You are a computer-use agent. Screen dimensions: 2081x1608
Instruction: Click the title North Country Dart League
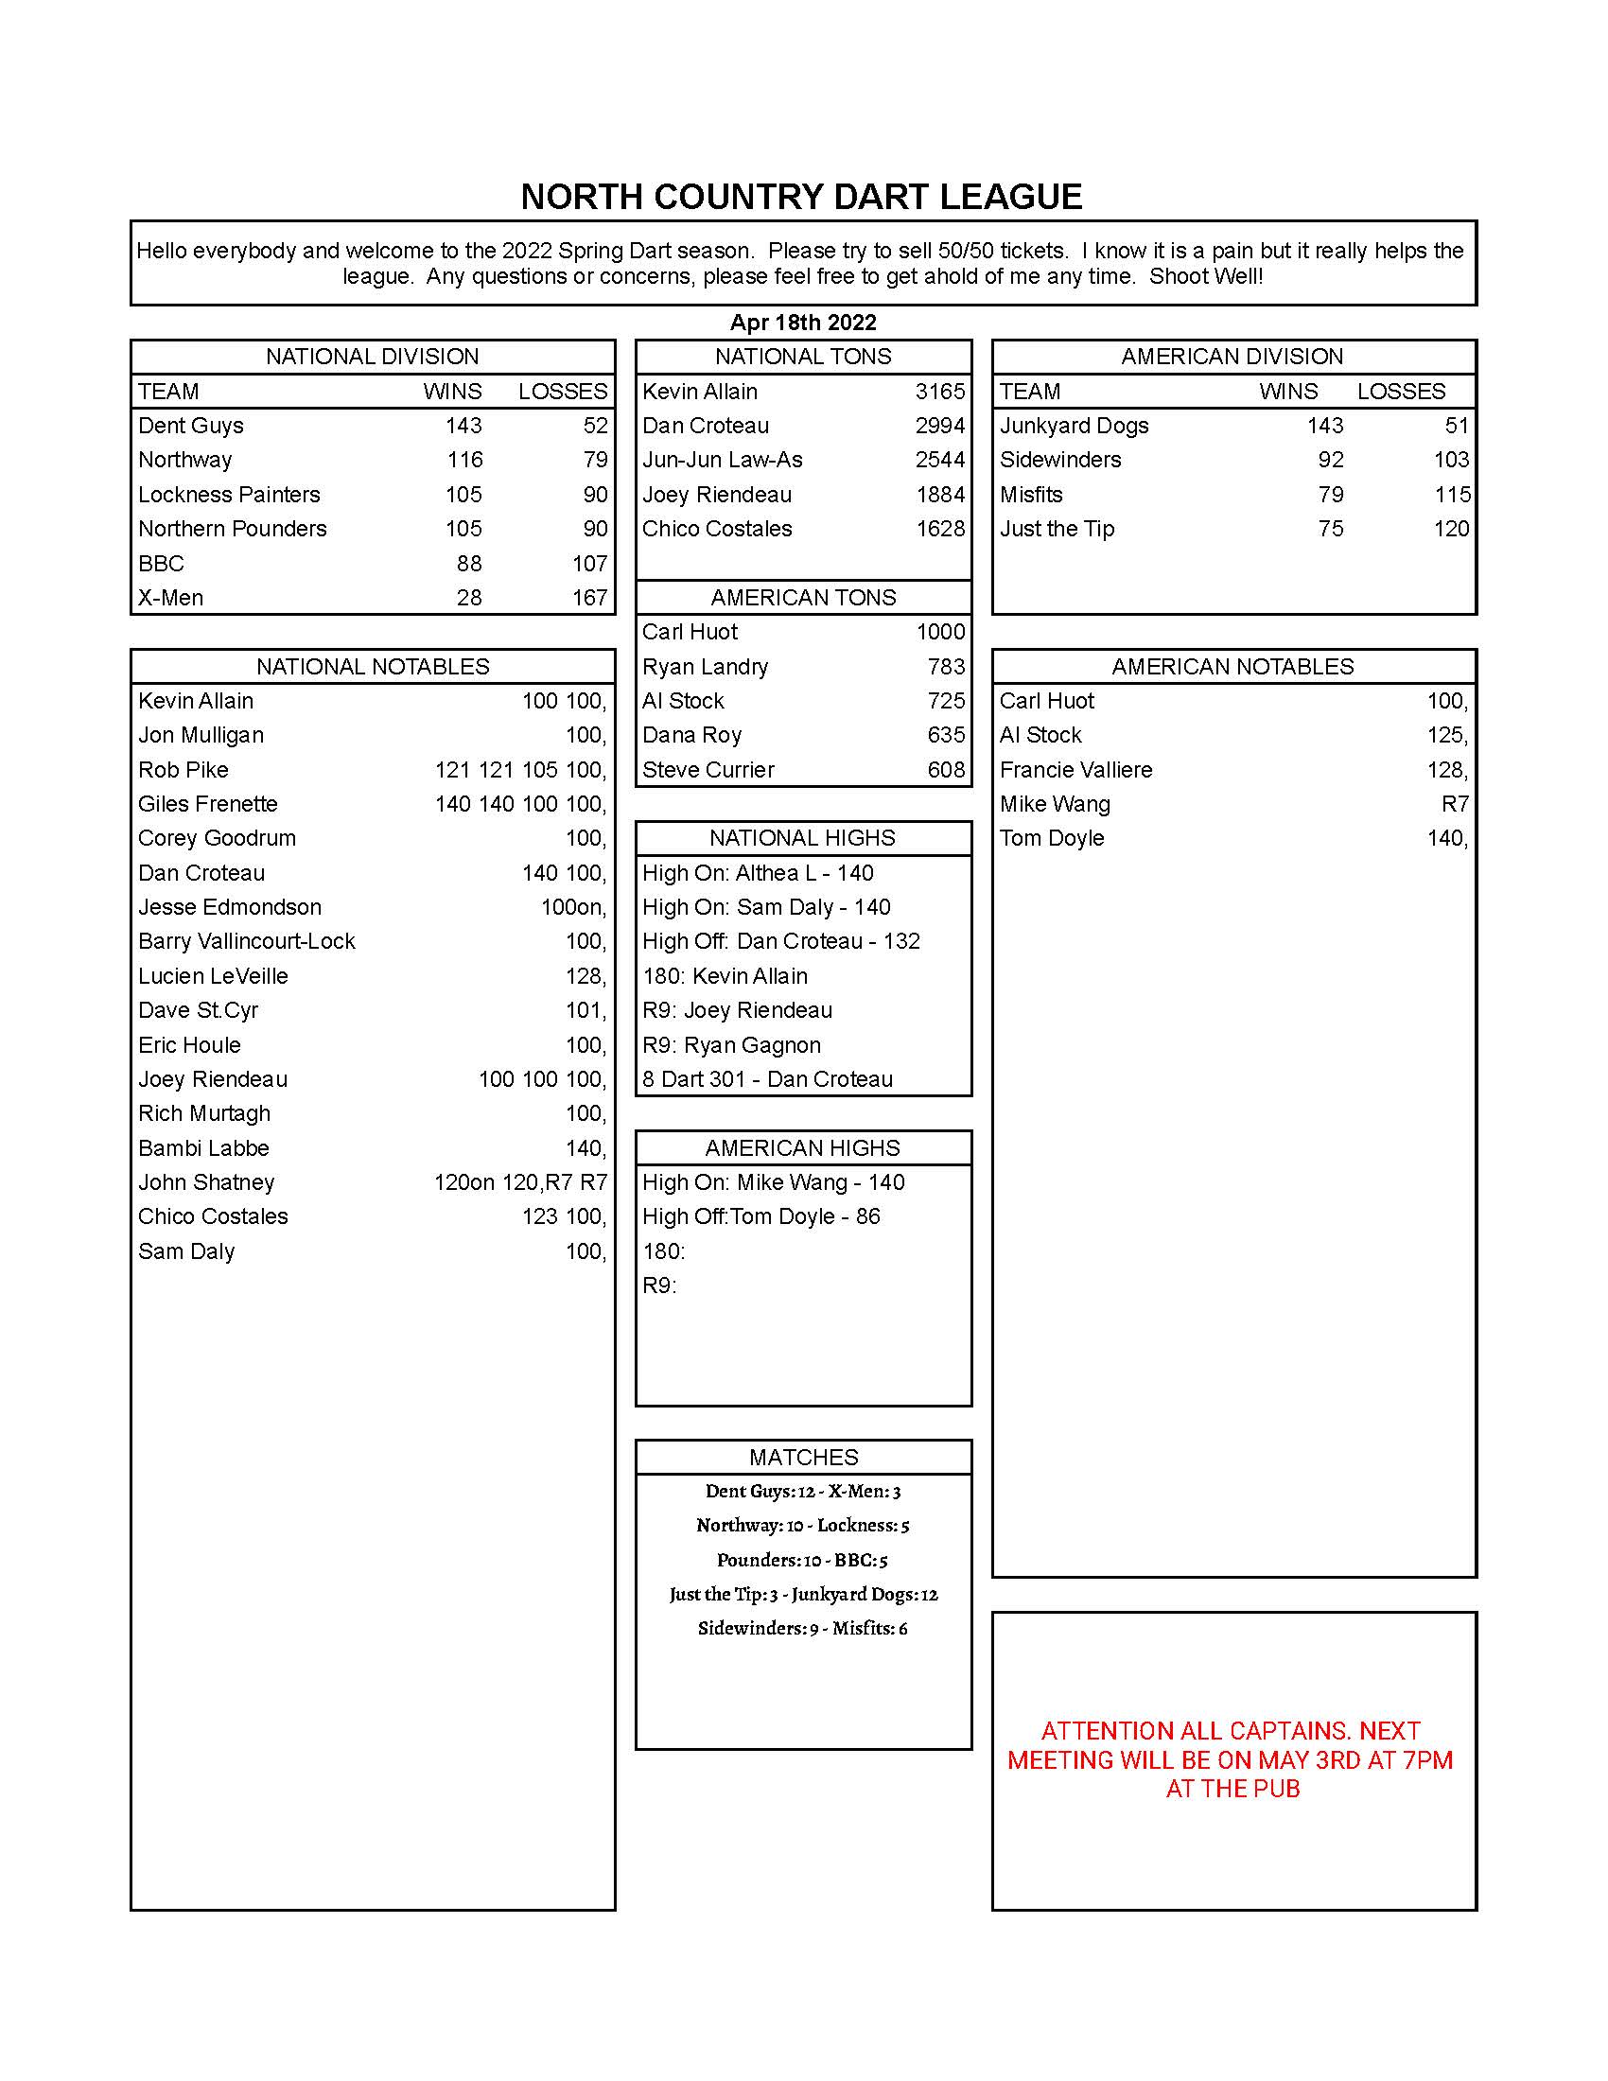(x=801, y=198)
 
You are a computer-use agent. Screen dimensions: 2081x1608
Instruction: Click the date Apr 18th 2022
(x=803, y=322)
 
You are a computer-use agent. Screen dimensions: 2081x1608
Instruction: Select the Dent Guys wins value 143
(x=463, y=426)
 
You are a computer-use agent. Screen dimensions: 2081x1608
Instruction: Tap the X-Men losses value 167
(x=589, y=598)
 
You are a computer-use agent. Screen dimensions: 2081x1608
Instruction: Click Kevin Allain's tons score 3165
(x=939, y=392)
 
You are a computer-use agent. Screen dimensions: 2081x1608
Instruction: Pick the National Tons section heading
(x=803, y=357)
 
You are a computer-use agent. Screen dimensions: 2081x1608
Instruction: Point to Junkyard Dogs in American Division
(x=1074, y=426)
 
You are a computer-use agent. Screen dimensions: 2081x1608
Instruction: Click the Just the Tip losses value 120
(x=1451, y=529)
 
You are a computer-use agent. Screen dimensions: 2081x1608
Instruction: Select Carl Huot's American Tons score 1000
(x=939, y=632)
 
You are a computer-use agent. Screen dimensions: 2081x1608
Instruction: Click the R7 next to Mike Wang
(x=1454, y=804)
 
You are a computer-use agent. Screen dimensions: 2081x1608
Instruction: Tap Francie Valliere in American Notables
(x=1075, y=770)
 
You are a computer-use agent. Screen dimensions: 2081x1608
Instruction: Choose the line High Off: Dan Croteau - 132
(x=780, y=941)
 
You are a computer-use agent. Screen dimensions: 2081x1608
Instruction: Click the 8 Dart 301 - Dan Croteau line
(x=767, y=1078)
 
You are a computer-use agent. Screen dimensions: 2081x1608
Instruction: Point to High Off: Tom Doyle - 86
(x=760, y=1216)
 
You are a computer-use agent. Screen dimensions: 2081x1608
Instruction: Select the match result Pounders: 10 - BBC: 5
(x=802, y=1560)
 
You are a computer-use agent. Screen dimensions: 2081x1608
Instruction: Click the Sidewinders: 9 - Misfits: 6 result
(x=802, y=1629)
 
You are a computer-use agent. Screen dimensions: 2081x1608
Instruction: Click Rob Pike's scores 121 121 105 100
(x=520, y=770)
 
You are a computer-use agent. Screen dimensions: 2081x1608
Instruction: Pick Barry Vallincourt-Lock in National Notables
(x=246, y=941)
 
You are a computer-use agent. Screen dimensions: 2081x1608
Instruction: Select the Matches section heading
(x=803, y=1457)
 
